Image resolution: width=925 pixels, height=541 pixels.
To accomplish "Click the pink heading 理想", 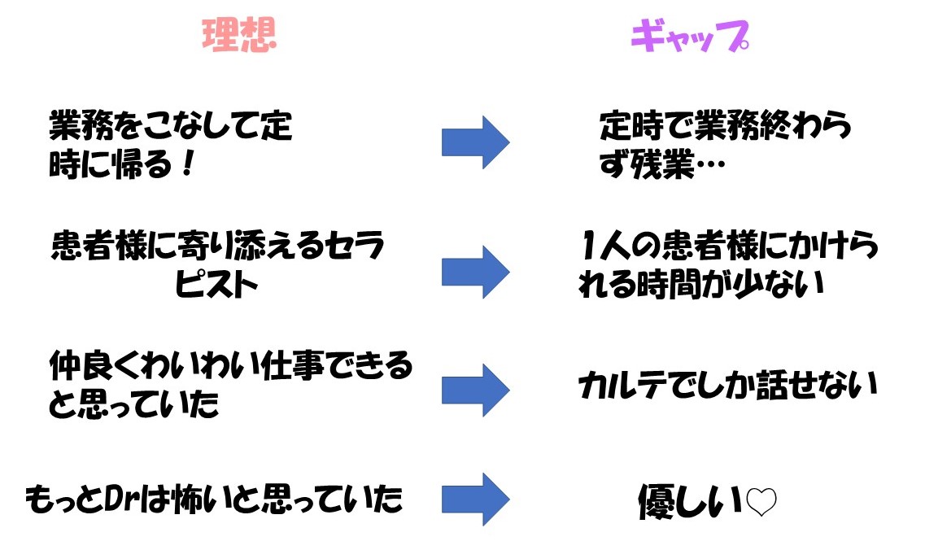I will click(240, 35).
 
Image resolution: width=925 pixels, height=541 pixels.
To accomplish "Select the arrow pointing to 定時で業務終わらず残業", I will click(475, 142).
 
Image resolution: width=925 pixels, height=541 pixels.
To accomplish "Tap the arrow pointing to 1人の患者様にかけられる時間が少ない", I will click(475, 271).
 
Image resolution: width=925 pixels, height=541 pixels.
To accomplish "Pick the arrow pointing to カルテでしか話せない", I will click(475, 390).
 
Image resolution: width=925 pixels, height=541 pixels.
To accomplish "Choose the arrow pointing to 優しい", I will click(475, 499).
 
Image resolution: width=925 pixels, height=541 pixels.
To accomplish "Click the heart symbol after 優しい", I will click(761, 504).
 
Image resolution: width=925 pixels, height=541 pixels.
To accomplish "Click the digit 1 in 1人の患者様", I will click(591, 245).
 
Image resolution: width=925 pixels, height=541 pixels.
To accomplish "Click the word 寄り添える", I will click(236, 245).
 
